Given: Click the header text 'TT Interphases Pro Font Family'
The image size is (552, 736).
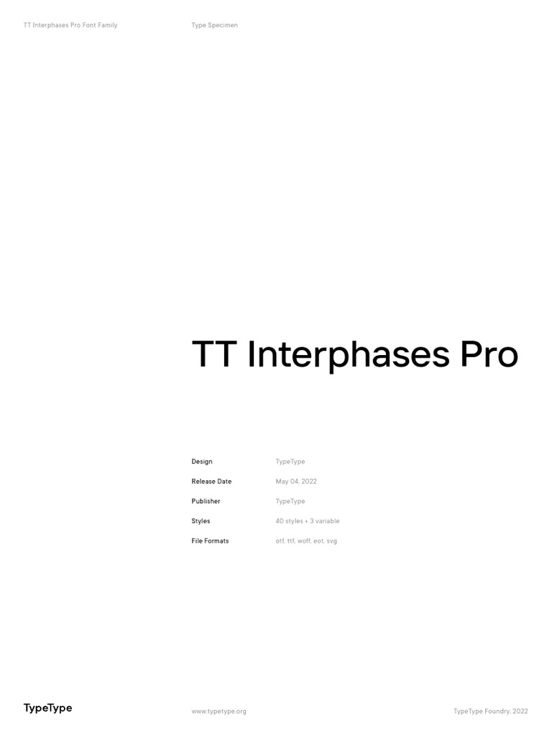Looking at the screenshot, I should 70,25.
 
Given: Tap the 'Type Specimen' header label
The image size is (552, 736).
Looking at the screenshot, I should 214,25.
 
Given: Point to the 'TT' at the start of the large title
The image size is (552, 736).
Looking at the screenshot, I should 215,354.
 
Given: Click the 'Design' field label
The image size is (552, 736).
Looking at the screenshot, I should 202,461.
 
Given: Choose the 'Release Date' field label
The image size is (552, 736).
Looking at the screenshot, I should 211,482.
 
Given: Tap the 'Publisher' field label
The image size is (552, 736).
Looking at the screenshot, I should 206,501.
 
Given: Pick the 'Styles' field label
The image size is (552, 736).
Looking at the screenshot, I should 201,521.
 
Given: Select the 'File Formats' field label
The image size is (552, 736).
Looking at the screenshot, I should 210,540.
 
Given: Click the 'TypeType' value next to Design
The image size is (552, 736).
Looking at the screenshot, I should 290,461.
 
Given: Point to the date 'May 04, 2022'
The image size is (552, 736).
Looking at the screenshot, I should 296,482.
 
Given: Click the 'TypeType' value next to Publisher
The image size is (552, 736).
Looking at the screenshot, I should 290,501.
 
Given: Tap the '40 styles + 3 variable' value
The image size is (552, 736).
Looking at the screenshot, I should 308,521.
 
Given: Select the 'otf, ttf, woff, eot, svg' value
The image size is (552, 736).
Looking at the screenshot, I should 306,540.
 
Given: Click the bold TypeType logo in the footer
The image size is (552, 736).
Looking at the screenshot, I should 47,708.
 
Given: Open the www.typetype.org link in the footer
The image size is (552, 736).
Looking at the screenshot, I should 218,712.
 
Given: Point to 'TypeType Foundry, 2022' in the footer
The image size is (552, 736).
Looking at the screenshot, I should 490,712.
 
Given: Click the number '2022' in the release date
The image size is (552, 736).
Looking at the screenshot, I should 309,482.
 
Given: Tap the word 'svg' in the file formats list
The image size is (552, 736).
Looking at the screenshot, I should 331,540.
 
